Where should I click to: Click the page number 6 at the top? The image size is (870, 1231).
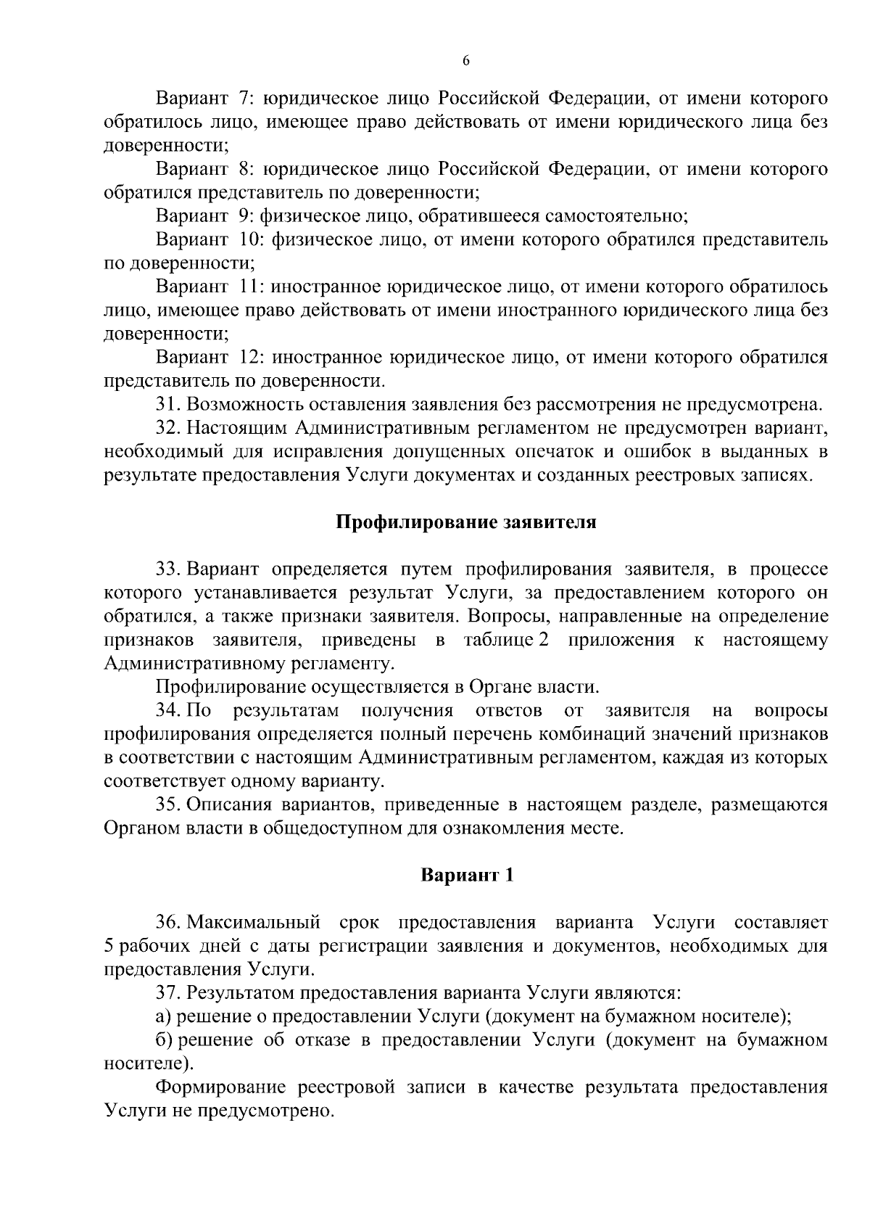[x=466, y=62]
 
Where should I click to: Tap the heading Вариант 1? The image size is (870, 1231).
[x=467, y=876]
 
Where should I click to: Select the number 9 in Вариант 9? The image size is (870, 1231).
[x=244, y=216]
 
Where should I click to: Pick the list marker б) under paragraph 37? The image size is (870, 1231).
[x=165, y=1040]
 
